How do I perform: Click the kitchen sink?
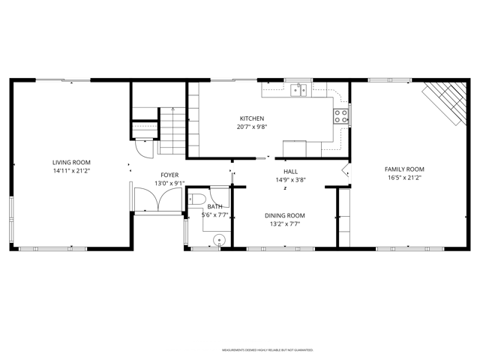[x=298, y=90]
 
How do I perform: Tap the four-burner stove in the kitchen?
[x=340, y=115]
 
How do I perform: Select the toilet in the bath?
[x=196, y=199]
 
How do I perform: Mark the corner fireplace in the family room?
[x=445, y=102]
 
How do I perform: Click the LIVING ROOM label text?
[x=71, y=163]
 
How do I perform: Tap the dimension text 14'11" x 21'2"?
[x=71, y=171]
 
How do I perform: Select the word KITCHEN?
[x=251, y=118]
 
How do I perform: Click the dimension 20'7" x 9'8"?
[x=251, y=127]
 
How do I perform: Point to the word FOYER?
[x=169, y=175]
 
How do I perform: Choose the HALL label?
[x=290, y=172]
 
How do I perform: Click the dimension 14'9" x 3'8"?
[x=290, y=180]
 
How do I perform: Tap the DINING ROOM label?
[x=284, y=215]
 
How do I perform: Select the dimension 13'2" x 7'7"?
[x=284, y=223]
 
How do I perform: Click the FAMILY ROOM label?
[x=404, y=169]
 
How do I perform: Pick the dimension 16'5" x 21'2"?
[x=404, y=178]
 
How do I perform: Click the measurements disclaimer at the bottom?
[x=267, y=350]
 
